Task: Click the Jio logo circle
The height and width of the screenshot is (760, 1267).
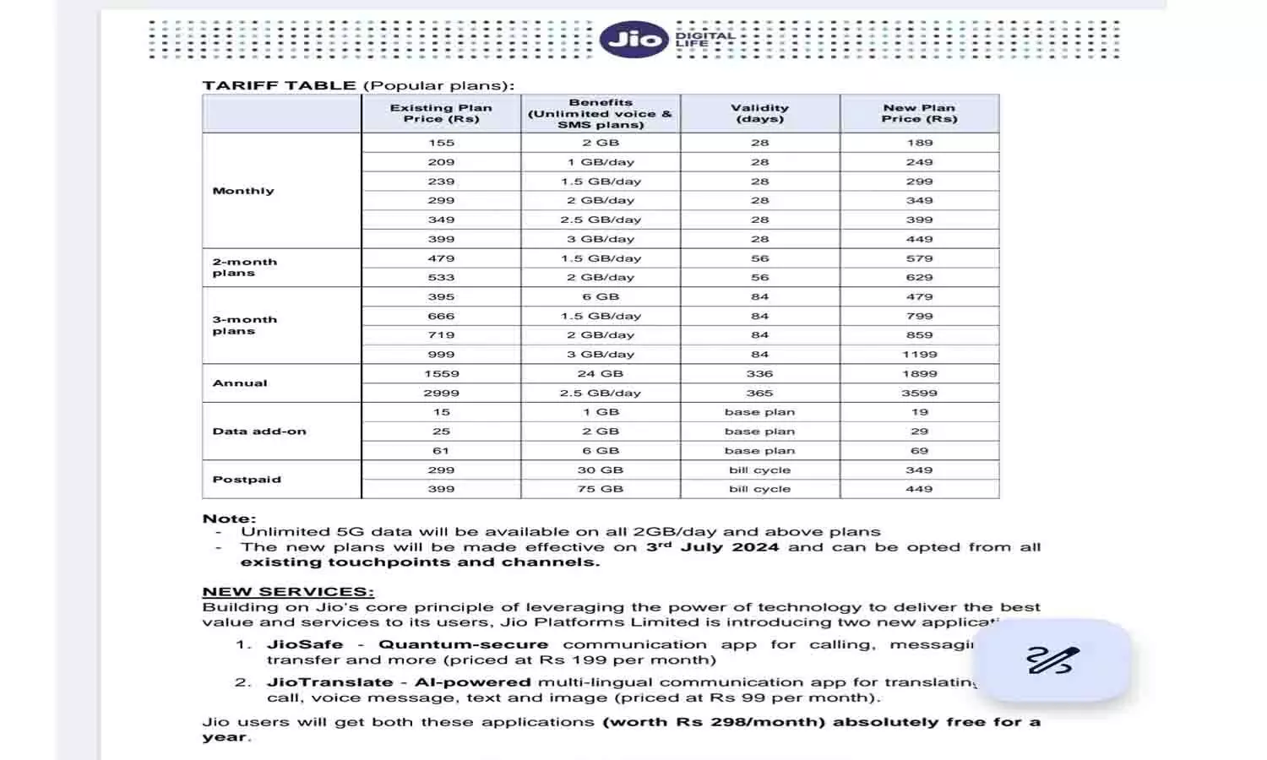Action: coord(633,39)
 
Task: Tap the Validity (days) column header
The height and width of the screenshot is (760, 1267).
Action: coord(759,113)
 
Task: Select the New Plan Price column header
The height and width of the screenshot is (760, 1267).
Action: coord(919,113)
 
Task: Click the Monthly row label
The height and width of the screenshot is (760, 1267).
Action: coord(243,191)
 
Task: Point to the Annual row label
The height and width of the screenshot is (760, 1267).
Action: coord(240,383)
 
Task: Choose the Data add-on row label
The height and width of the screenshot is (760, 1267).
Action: coord(259,431)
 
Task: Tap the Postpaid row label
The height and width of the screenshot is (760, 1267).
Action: coord(247,479)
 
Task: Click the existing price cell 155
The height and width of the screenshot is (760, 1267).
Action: coord(441,143)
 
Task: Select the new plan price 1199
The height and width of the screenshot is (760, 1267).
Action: coord(919,355)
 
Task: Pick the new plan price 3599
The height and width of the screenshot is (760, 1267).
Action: coord(919,393)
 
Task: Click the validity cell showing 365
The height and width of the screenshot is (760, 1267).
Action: coord(759,393)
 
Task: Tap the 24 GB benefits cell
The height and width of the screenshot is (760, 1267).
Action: coord(601,373)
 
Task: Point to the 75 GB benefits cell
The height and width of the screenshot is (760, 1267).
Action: coord(601,489)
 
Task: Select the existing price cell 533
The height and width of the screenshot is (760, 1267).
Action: coord(441,277)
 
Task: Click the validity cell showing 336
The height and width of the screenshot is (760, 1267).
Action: coord(759,373)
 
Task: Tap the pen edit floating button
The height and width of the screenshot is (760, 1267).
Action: coord(1054,660)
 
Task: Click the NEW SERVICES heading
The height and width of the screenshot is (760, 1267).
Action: coord(288,592)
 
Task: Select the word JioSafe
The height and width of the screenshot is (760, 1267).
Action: coord(305,644)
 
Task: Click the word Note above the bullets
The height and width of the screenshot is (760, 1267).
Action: coord(228,518)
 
